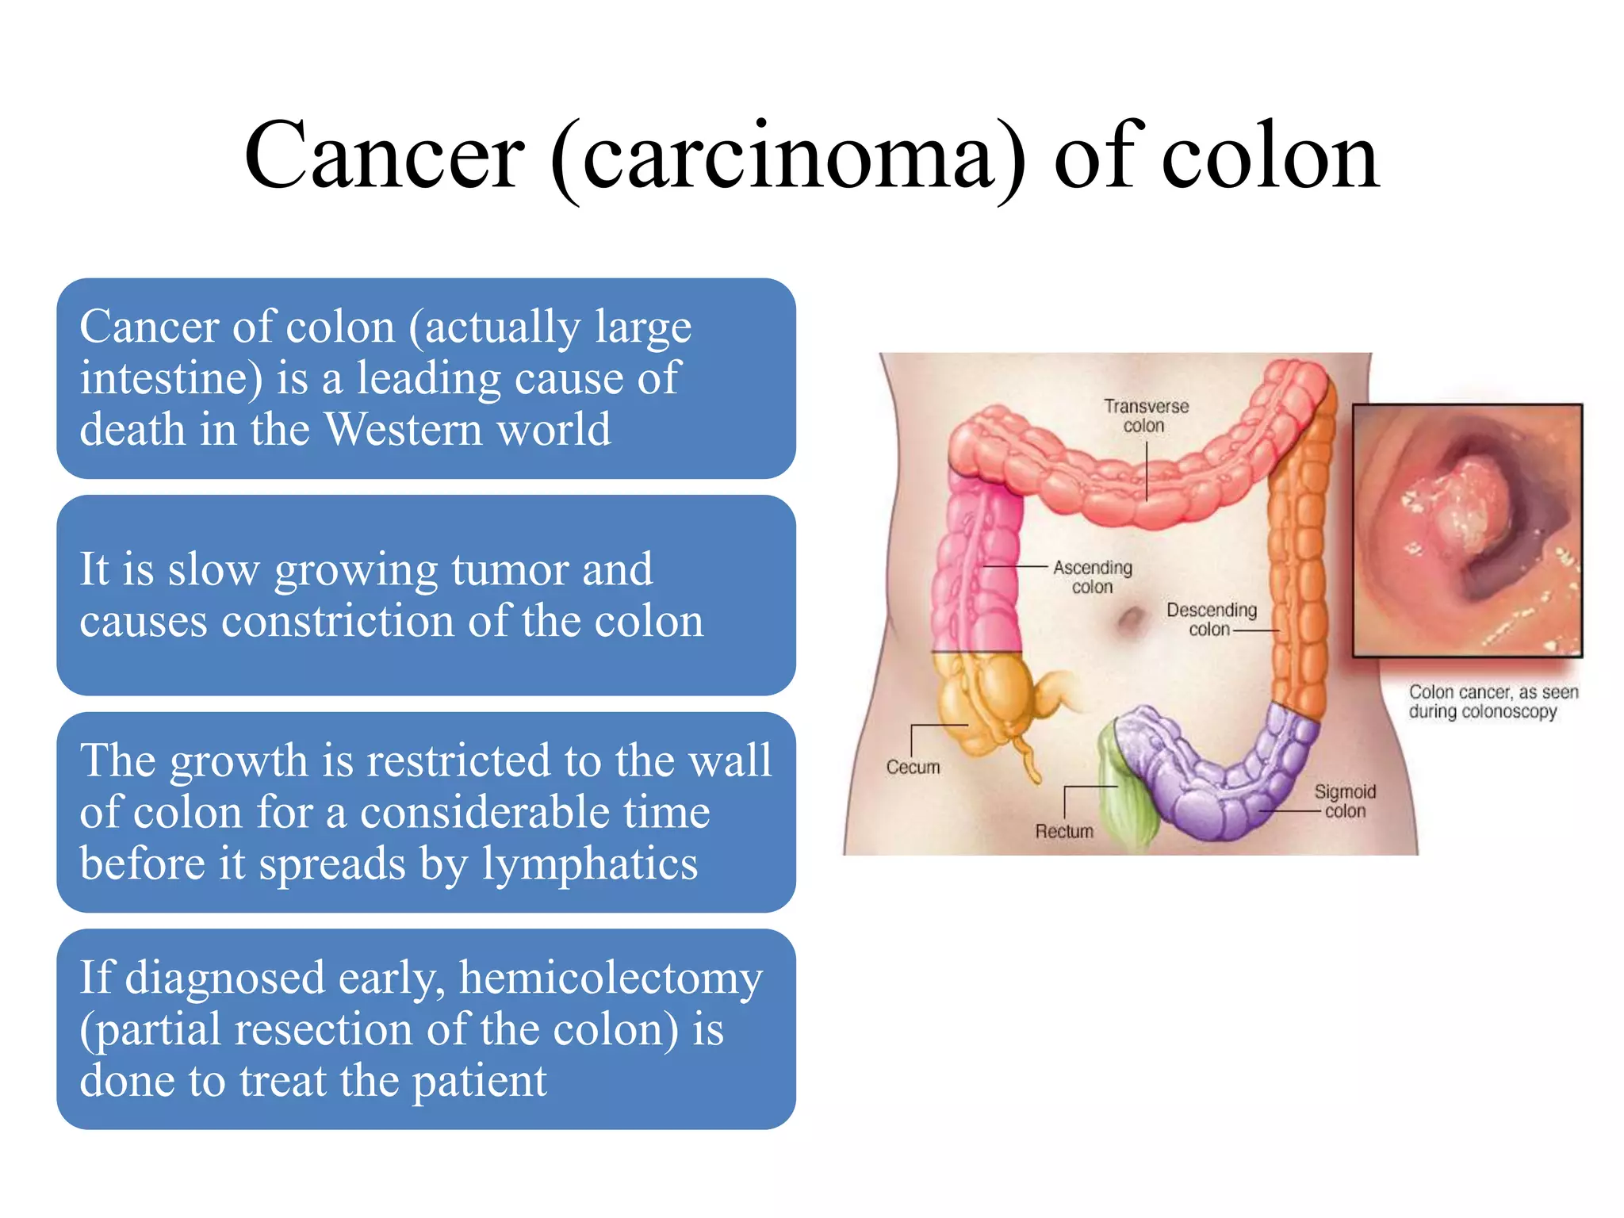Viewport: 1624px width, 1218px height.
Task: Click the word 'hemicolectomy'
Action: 611,978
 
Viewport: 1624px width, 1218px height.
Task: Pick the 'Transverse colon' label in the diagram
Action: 1146,416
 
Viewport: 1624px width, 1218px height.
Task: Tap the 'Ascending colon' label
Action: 1092,576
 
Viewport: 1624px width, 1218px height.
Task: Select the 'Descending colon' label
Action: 1211,619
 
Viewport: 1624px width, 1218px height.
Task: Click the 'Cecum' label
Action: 913,767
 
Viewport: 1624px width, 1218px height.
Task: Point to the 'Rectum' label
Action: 1063,831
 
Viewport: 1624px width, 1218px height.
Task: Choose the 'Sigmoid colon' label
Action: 1345,801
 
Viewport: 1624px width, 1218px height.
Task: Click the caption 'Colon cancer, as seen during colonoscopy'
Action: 1492,702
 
